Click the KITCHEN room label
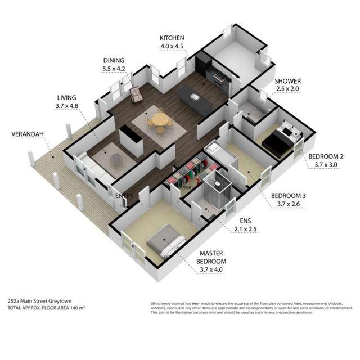[x=172, y=38]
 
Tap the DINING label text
[x=114, y=61]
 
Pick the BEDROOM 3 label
[x=289, y=196]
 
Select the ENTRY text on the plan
[x=124, y=196]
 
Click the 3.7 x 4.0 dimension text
[x=212, y=269]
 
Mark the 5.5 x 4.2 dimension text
[x=114, y=69]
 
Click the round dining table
[x=160, y=119]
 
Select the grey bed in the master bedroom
[x=164, y=241]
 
